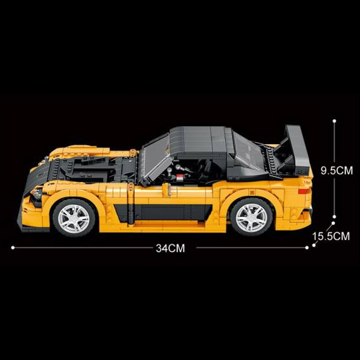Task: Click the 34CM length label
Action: (171, 248)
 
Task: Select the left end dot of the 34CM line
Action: (13, 247)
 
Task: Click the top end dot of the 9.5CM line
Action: (334, 121)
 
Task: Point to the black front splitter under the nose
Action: (31, 225)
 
